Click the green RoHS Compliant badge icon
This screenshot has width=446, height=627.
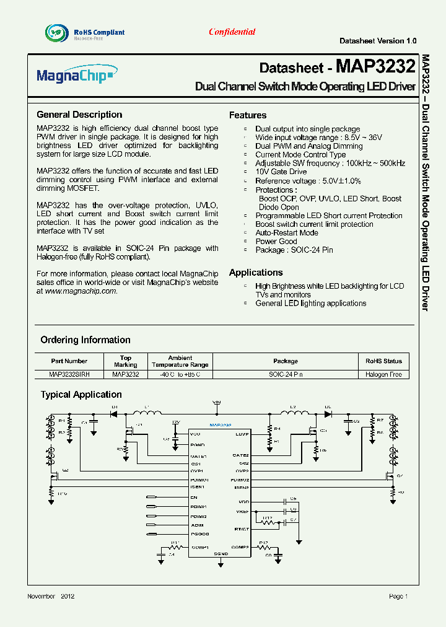coord(55,32)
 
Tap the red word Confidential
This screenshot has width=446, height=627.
coord(232,32)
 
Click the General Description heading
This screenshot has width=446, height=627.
coord(79,115)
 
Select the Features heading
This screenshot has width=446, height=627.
coord(248,115)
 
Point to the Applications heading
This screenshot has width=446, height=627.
coord(256,273)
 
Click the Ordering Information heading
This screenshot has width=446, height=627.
coord(85,340)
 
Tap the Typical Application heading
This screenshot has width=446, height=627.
coord(81,395)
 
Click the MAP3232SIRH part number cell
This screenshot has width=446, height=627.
coord(69,375)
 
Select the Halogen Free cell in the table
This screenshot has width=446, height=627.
coord(383,375)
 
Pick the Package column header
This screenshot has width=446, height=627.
coord(286,361)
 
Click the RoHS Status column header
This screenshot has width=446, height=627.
coord(383,361)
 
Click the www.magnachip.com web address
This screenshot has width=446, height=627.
coord(81,291)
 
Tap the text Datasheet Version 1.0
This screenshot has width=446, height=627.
coord(378,40)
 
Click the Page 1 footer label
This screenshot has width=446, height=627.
coord(398,596)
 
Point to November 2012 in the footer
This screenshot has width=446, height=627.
coord(51,596)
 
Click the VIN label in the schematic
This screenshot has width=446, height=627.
coord(216,402)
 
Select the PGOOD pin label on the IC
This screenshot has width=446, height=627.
coord(199,534)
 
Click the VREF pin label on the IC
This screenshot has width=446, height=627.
coord(243,512)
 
